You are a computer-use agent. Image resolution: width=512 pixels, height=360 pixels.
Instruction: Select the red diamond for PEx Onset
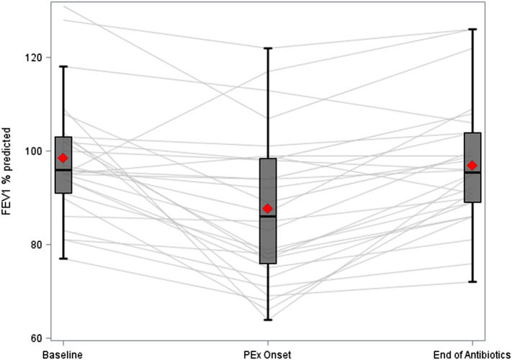(268, 208)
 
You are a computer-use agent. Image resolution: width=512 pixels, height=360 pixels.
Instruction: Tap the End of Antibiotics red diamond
(472, 166)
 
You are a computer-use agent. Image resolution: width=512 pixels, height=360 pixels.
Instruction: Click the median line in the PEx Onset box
(268, 217)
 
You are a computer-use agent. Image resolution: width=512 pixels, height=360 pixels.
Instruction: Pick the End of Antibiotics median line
(472, 173)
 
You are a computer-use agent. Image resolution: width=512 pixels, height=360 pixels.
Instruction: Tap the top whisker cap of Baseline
(63, 66)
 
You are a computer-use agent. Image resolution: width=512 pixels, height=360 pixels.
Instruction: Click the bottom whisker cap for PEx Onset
(268, 320)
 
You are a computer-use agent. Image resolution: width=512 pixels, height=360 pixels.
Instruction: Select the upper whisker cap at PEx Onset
(268, 48)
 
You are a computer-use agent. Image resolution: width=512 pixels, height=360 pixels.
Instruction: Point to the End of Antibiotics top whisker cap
(472, 30)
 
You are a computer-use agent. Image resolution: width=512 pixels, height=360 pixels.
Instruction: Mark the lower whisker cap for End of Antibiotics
(472, 282)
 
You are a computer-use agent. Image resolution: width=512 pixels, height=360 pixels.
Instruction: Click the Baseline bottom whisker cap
(63, 258)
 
